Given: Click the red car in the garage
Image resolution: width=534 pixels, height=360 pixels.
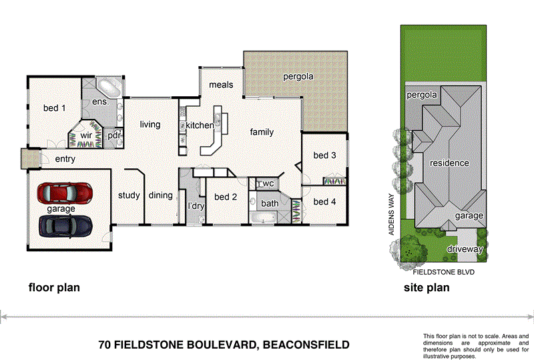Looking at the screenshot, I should tap(65, 194).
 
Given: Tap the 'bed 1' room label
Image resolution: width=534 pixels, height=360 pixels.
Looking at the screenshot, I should tap(54, 108).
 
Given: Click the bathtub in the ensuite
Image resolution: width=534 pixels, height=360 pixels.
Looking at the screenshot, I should tap(107, 88).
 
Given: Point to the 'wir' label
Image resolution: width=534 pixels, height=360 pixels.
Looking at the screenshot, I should tap(85, 136).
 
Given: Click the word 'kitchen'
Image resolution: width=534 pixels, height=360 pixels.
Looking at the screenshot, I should tap(200, 126).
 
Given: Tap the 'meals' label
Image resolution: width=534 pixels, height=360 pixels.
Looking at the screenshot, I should tap(221, 85).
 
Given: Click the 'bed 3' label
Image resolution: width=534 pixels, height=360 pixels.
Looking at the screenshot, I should tap(324, 156).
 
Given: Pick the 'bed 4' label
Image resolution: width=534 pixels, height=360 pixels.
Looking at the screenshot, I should tap(324, 202).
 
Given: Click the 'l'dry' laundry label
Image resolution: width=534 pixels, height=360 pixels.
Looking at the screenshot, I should tap(195, 206).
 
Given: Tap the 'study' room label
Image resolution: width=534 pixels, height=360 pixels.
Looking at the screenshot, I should tap(128, 196).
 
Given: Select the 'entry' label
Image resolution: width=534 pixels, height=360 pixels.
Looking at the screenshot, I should tap(65, 159).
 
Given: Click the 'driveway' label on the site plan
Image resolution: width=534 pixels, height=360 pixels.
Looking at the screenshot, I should tap(465, 249).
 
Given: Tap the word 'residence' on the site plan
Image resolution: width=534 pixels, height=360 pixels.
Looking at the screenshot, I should tap(449, 163).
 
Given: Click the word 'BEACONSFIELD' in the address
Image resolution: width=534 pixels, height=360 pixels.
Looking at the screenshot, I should tap(305, 345).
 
